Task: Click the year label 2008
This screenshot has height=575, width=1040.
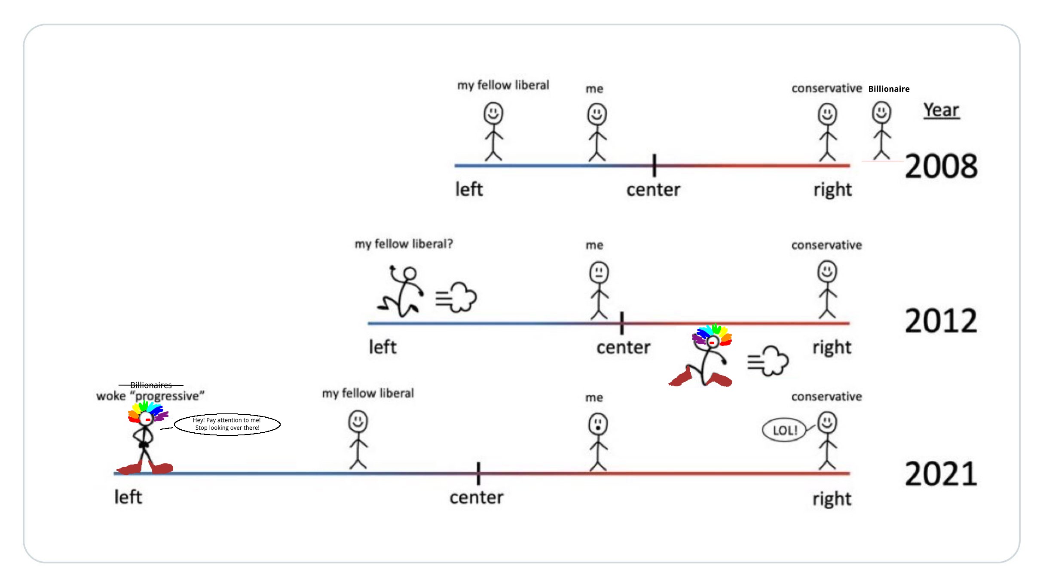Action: coord(941,166)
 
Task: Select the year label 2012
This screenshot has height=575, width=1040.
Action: coord(941,321)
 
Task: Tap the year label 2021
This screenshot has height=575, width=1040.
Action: coord(941,474)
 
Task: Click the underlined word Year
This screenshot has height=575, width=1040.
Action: coord(941,110)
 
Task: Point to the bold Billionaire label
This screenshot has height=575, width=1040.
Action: coord(889,89)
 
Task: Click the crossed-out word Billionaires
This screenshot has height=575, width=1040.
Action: coord(151,385)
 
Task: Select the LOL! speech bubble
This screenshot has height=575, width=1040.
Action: coord(785,430)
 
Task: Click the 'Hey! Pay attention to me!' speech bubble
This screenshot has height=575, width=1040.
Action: coord(227,424)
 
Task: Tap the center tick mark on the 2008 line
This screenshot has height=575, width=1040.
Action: coord(654,165)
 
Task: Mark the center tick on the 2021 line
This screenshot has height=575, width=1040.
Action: coord(478,473)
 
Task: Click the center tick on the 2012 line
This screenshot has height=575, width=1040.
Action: coord(621,323)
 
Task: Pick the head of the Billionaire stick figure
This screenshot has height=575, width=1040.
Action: coord(881,112)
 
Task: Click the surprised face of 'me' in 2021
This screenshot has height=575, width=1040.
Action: coord(598,424)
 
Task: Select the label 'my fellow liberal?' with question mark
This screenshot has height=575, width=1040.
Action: coord(404,244)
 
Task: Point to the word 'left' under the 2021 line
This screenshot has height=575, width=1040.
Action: coord(128,497)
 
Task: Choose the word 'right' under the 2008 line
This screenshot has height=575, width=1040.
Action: coord(832,190)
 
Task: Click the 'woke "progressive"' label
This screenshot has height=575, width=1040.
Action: coord(150,396)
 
